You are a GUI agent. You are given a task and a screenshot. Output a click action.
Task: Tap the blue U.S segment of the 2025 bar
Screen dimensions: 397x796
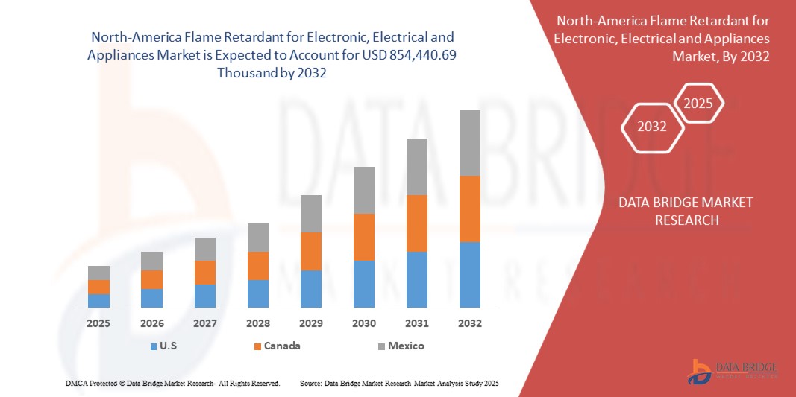98,300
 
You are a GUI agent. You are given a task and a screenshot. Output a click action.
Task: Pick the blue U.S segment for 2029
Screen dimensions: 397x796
310,288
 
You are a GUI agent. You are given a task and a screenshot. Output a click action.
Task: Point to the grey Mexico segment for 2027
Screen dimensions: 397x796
204,249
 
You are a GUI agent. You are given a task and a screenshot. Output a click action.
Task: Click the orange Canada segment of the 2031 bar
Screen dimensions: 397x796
416,223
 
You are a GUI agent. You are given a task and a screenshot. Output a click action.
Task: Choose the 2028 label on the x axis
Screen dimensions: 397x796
257,323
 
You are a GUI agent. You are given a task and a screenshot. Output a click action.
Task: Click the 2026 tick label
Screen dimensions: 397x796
151,323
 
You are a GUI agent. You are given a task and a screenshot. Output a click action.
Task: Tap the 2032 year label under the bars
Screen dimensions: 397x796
469,323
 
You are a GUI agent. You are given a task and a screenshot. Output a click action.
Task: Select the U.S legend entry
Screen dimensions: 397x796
166,346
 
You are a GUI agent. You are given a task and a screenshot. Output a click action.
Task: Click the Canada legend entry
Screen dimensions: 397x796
278,346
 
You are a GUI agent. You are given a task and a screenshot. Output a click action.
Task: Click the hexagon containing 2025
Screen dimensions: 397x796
698,104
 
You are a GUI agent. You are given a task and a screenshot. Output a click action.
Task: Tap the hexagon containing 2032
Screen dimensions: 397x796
652,127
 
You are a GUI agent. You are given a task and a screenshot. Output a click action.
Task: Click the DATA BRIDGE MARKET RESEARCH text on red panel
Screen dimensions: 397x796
686,211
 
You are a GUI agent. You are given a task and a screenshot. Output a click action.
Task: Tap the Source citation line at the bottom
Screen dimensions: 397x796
398,383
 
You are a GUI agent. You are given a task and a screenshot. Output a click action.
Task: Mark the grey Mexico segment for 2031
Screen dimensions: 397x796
416,166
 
